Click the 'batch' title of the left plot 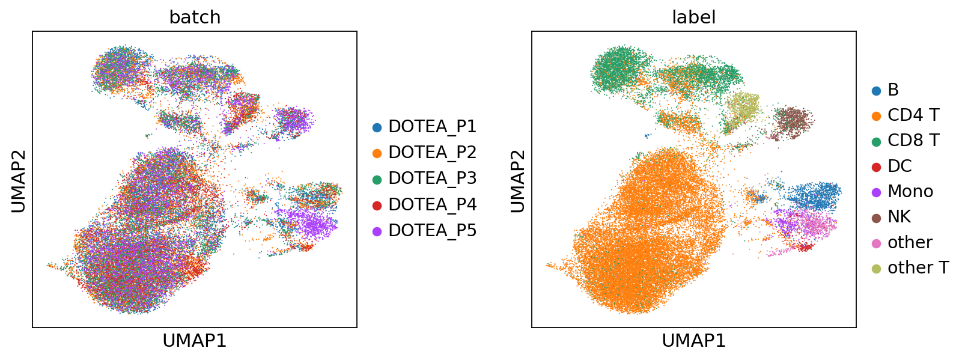(x=195, y=17)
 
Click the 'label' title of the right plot (x=693, y=17)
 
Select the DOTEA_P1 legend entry (x=425, y=127)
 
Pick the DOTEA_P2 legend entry (x=425, y=153)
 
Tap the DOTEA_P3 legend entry (x=425, y=178)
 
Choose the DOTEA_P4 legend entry (x=425, y=204)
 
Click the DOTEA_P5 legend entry (x=425, y=231)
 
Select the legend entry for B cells (x=885, y=90)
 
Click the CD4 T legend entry (x=905, y=115)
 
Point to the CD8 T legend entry (x=905, y=141)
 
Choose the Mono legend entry (x=902, y=192)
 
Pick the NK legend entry (x=891, y=217)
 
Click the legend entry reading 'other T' (x=910, y=267)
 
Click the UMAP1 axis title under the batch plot (x=195, y=341)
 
